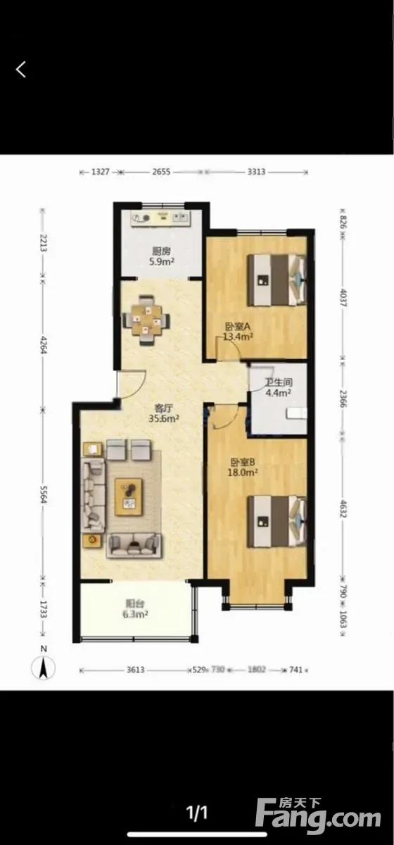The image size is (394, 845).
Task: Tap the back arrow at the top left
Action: click(20, 70)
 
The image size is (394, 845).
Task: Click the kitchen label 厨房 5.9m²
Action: click(162, 256)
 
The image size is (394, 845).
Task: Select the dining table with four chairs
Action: click(146, 320)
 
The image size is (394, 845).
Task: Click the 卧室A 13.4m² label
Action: click(239, 331)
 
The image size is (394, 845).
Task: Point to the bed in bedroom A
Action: click(277, 280)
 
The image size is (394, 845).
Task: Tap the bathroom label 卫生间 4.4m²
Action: click(279, 387)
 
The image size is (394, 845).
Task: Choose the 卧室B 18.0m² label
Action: click(243, 467)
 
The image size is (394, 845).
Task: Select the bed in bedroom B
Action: click(277, 521)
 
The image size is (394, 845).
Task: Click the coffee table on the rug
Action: click(129, 497)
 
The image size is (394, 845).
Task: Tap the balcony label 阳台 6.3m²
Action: click(135, 609)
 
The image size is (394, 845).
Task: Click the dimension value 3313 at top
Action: click(256, 172)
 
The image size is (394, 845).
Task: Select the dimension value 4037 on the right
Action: click(343, 298)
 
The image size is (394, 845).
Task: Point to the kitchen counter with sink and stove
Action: click(161, 218)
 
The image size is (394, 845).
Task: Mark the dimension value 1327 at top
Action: click(101, 172)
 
